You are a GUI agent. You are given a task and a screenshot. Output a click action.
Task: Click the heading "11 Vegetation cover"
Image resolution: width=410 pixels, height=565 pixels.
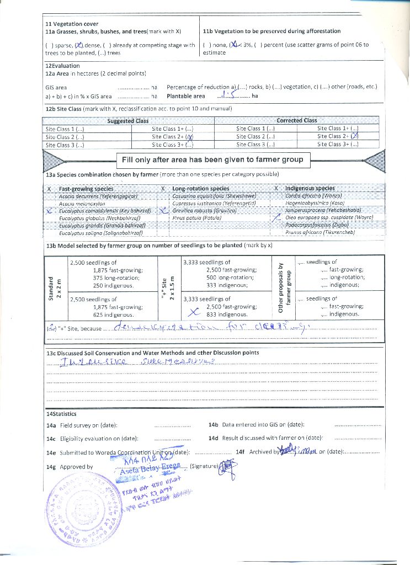tap(72, 24)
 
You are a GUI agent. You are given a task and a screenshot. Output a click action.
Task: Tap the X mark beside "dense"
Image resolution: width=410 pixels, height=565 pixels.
tap(79, 45)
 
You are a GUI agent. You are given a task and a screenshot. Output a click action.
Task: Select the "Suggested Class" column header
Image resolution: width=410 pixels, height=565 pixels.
tap(127, 121)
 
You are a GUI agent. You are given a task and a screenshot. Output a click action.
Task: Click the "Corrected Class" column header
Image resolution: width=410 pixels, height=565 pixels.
tap(297, 120)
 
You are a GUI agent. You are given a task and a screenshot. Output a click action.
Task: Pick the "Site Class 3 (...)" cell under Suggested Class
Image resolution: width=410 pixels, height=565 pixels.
tap(65, 145)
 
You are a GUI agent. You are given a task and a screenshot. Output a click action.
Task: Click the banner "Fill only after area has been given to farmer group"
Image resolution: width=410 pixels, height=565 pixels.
tap(212, 160)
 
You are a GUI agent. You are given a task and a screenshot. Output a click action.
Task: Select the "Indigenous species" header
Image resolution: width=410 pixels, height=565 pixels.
tap(310, 189)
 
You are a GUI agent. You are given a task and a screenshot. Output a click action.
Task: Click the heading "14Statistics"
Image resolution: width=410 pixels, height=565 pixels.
tap(61, 413)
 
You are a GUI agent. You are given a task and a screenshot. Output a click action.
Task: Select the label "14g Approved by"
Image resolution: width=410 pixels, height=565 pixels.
tap(70, 467)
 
